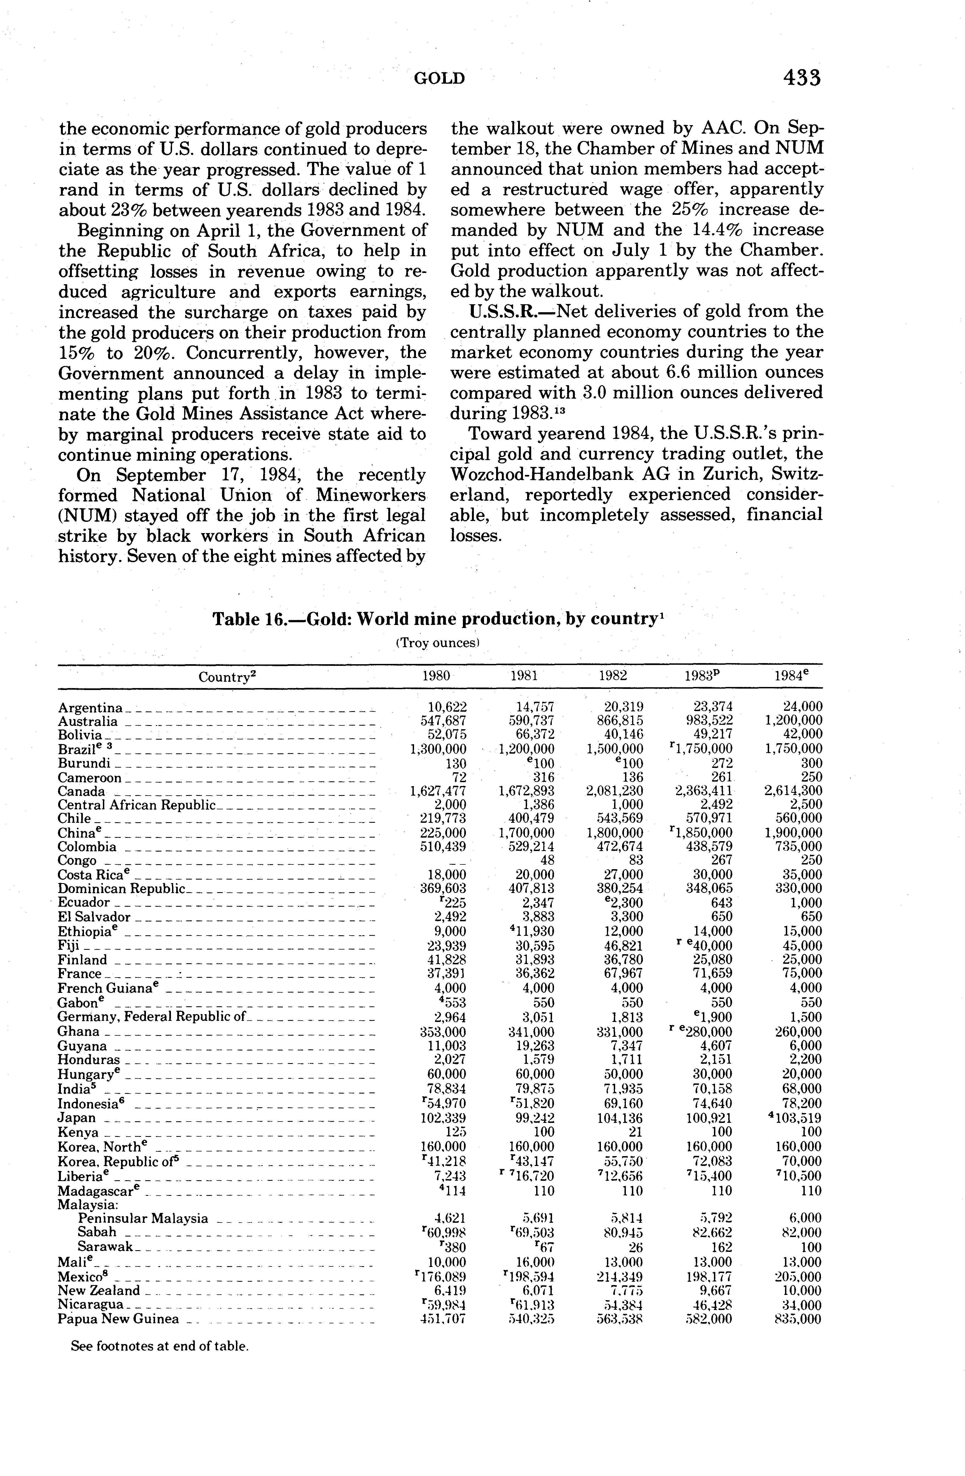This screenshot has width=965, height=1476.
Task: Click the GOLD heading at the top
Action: pyautogui.click(x=439, y=79)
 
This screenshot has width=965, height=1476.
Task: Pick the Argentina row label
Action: pyautogui.click(x=90, y=708)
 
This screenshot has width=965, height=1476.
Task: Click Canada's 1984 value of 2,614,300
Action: pyautogui.click(x=793, y=791)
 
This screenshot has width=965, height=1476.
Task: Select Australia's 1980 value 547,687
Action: pyautogui.click(x=443, y=721)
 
